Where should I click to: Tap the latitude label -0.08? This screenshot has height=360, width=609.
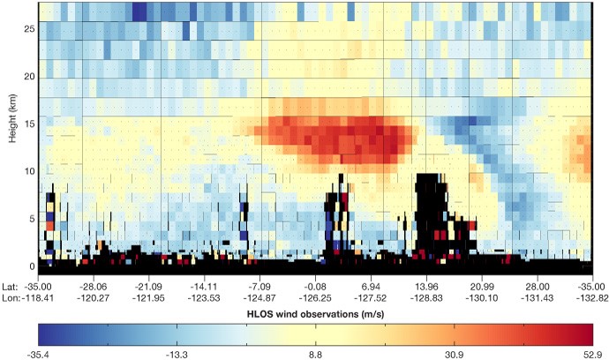(x=316, y=287)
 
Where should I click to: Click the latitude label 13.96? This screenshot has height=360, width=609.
(x=426, y=287)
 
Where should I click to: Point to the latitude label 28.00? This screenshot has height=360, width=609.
(x=537, y=287)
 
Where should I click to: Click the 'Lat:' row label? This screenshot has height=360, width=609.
(x=11, y=287)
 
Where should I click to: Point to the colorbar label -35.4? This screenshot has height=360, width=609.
(x=49, y=354)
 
